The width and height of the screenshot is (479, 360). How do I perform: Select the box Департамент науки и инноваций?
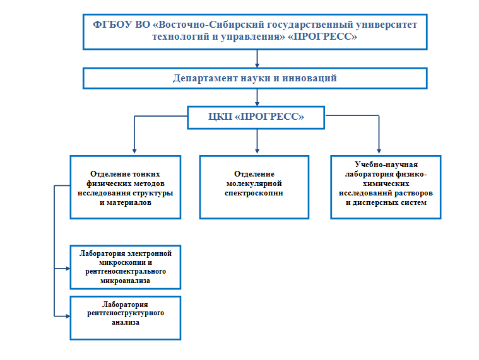tap(255, 78)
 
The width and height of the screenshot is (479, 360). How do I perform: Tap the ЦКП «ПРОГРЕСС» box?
tap(256, 117)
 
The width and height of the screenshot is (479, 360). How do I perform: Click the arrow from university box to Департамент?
tap(257, 59)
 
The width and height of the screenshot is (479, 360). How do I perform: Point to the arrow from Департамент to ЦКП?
tap(257, 98)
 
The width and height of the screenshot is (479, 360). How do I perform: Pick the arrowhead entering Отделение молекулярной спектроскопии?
tap(257, 151)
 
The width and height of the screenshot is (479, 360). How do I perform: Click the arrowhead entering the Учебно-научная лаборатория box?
tap(379, 151)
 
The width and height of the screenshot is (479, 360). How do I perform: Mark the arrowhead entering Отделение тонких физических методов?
tap(134, 151)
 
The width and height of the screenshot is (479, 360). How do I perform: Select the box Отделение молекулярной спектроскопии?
tap(254, 187)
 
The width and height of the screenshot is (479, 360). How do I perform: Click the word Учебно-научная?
tap(386, 165)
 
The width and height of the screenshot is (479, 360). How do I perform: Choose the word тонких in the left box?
tap(146, 174)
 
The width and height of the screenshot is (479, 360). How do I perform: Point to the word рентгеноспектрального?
tap(126, 272)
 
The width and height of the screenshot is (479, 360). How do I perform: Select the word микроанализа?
tap(125, 281)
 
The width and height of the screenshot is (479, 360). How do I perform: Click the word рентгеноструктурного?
tap(126, 313)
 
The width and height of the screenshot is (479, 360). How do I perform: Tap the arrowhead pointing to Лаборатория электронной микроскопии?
tap(68, 269)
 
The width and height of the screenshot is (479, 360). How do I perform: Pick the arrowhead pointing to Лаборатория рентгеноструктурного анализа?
tap(68, 316)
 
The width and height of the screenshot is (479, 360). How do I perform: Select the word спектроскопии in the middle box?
tap(254, 194)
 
